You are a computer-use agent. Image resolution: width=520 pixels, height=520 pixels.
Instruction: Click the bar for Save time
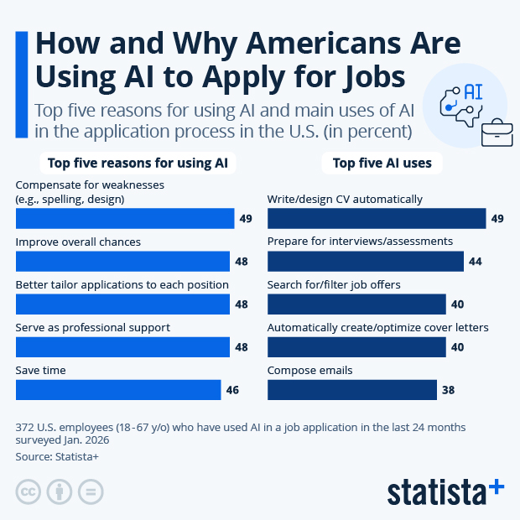118,389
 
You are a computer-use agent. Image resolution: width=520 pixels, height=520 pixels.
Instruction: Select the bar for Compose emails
351,389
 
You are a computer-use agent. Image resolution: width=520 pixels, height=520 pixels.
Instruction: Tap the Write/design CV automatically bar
376,218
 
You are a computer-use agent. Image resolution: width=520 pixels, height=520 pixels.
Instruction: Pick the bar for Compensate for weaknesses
124,218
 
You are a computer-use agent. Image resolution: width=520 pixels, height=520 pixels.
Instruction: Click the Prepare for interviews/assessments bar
365,261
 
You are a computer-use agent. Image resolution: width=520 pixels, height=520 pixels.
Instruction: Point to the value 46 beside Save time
232,390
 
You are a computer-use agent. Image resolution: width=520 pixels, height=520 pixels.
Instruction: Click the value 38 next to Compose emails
449,390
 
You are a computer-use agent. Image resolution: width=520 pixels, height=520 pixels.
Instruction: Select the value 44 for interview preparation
475,262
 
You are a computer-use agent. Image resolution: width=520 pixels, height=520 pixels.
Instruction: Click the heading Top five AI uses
382,163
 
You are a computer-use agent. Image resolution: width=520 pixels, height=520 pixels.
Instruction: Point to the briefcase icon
497,129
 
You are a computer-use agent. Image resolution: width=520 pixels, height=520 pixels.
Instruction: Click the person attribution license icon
59,491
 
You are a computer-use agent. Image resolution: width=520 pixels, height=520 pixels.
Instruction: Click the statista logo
445,491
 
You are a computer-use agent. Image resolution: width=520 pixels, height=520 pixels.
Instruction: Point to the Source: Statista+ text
56,456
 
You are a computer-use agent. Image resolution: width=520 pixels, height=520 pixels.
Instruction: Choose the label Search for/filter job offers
334,284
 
